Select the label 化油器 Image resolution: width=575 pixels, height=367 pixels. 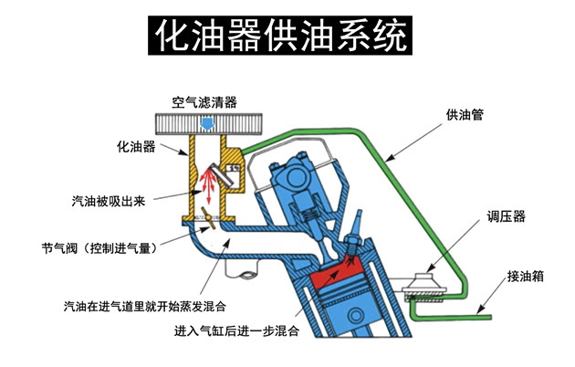[x=136, y=145]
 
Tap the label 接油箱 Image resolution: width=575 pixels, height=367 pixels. [x=527, y=275]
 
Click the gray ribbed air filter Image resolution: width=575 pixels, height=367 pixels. [x=207, y=122]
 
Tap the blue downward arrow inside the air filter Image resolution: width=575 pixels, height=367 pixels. [x=208, y=121]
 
